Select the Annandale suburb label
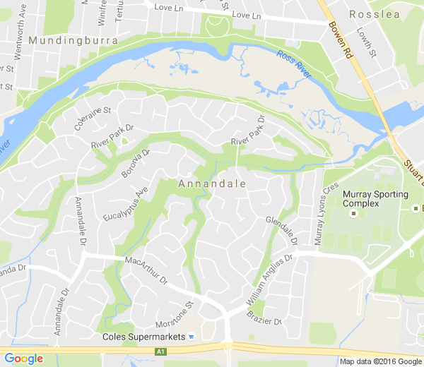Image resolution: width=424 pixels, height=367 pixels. pyautogui.click(x=212, y=183)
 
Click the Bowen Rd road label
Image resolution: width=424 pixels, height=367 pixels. pyautogui.click(x=340, y=40)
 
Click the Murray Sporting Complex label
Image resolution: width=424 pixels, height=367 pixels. pyautogui.click(x=375, y=199)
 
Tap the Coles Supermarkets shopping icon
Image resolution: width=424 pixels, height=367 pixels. pyautogui.click(x=192, y=336)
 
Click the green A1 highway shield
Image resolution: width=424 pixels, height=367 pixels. pyautogui.click(x=161, y=351)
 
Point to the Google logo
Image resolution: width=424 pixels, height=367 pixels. pyautogui.click(x=24, y=359)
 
